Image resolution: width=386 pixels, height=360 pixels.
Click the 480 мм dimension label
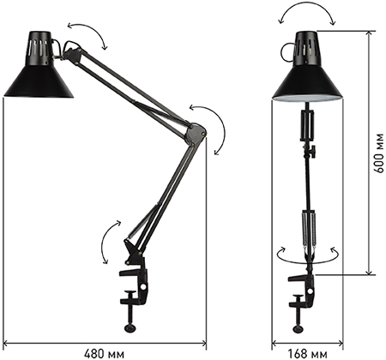pyautogui.click(x=105, y=354)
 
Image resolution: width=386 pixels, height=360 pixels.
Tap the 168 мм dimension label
pyautogui.click(x=307, y=354)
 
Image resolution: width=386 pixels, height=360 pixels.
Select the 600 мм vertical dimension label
pyautogui.click(x=379, y=153)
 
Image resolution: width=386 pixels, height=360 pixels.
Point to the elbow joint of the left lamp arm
pyautogui.click(x=196, y=133)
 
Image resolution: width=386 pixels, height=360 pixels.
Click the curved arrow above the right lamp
pyautogui.click(x=307, y=10)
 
